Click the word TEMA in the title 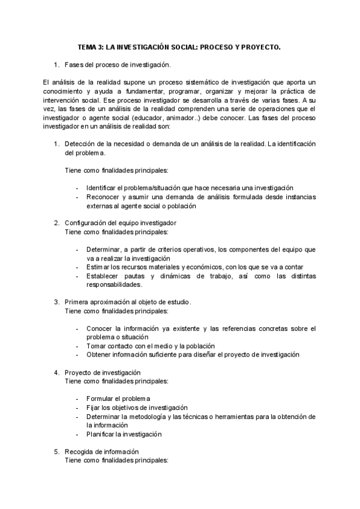(88, 46)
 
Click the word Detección (79, 144)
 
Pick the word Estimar (99, 267)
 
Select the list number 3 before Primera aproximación (56, 302)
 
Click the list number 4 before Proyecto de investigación (56, 372)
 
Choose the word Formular (100, 399)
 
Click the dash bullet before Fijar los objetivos (78, 408)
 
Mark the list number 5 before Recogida (56, 451)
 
